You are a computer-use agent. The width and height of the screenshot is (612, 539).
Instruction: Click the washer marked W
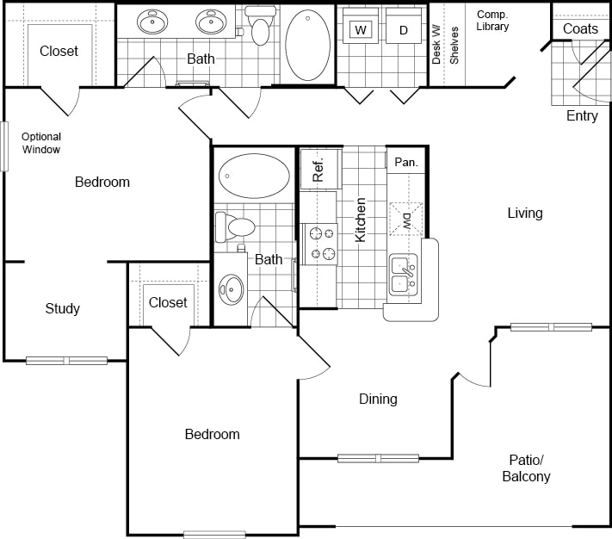tap(361, 26)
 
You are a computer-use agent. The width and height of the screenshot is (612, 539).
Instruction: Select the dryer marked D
tap(404, 26)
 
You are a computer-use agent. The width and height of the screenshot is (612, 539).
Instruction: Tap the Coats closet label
tap(580, 29)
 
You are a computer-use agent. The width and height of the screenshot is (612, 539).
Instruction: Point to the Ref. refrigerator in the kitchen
tap(320, 169)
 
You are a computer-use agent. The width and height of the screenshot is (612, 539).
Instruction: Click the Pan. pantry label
tap(406, 162)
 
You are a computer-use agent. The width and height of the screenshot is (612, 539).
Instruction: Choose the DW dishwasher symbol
tap(406, 219)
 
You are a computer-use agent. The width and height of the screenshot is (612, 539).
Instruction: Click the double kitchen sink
tap(404, 275)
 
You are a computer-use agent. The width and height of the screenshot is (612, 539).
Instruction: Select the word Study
tap(63, 309)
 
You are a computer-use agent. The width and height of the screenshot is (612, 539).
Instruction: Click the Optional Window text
tap(41, 143)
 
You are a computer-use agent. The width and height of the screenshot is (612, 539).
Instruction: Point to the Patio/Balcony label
tap(526, 468)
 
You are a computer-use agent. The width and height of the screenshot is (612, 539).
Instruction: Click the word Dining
tap(378, 399)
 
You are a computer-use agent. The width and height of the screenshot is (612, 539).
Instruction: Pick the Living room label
tap(525, 213)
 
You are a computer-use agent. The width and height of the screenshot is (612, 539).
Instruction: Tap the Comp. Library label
tap(492, 21)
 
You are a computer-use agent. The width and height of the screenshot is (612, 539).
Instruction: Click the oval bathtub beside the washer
tap(307, 45)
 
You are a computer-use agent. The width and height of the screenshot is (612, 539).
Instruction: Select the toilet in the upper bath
tap(258, 25)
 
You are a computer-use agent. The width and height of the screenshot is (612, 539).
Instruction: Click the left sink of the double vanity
tap(152, 22)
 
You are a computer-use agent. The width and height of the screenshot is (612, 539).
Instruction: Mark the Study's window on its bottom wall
tap(67, 361)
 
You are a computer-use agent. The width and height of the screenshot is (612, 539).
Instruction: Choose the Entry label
tap(582, 116)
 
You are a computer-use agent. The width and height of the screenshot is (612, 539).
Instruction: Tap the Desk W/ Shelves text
tap(445, 45)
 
